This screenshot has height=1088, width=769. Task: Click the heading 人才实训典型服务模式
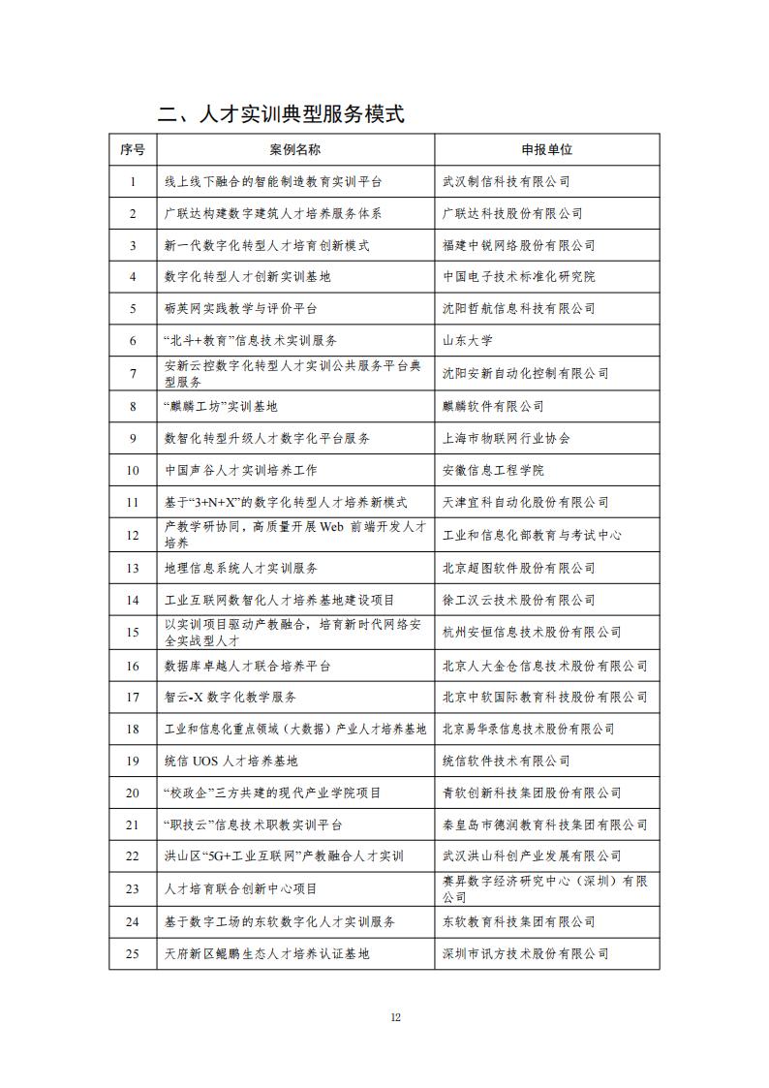click(281, 114)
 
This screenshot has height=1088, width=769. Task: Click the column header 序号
click(133, 149)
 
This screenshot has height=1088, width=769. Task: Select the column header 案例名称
click(295, 149)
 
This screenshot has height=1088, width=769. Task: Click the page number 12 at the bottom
click(395, 1016)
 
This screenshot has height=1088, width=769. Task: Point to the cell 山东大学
click(468, 340)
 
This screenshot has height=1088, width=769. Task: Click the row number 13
click(133, 568)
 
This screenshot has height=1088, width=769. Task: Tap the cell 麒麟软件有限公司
click(493, 406)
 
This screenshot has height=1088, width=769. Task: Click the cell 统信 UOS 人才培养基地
click(231, 761)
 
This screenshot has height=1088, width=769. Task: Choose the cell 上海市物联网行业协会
click(507, 438)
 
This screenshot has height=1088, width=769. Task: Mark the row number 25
click(133, 953)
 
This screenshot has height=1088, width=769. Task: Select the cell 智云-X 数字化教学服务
click(231, 697)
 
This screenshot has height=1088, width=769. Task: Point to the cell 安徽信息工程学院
click(493, 470)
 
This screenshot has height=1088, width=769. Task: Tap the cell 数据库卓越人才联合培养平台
click(248, 666)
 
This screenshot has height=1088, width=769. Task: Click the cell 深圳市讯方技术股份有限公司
click(526, 953)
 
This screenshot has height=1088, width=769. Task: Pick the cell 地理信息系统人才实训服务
click(241, 568)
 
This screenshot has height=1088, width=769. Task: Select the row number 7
click(133, 373)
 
